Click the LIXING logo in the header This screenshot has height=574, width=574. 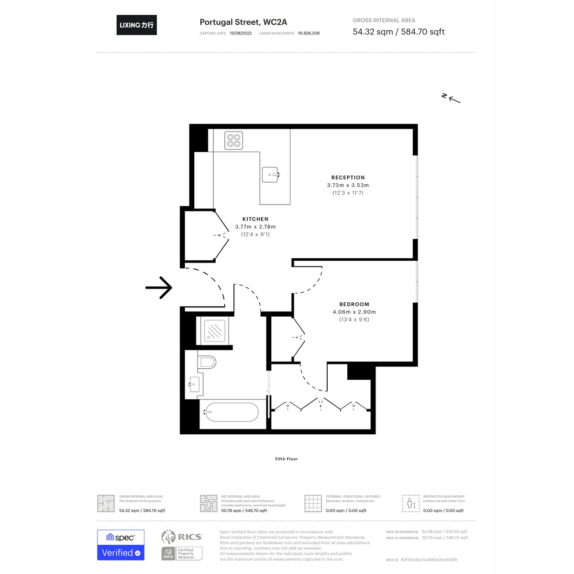[136, 25]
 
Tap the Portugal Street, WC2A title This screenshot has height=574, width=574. [243, 22]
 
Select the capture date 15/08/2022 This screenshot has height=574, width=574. [241, 33]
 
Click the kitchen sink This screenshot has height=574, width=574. [270, 175]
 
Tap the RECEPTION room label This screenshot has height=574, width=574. [348, 177]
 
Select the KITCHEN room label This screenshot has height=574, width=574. [255, 219]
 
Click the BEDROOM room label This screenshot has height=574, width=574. [354, 304]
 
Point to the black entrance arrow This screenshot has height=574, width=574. [159, 287]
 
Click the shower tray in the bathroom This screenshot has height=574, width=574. [215, 331]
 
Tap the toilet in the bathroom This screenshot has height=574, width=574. [207, 362]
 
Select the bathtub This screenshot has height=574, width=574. [231, 412]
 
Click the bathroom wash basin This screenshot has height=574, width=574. [194, 384]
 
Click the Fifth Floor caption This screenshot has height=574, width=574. [287, 459]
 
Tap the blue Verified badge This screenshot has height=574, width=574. [121, 552]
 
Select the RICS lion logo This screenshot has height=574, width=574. [168, 537]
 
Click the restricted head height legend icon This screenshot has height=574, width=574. [411, 503]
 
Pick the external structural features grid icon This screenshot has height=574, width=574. [313, 503]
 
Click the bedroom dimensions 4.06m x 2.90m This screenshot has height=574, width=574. [354, 312]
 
